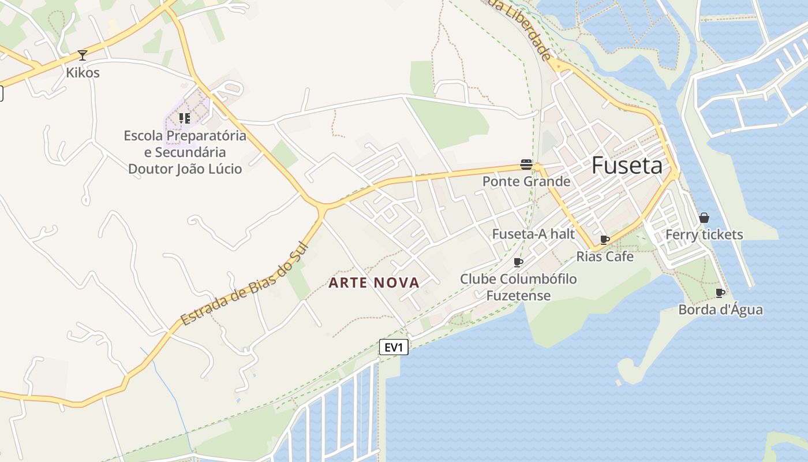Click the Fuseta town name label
click(627, 166)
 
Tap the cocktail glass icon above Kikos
click(83, 55)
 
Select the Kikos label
click(83, 73)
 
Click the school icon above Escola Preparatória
click(184, 118)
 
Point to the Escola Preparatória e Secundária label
click(185, 152)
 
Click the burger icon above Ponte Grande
click(526, 165)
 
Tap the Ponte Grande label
click(526, 181)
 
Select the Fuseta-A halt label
click(533, 234)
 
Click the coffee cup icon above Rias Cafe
click(605, 240)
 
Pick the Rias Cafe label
click(605, 256)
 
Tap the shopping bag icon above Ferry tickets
click(704, 218)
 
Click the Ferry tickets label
click(704, 234)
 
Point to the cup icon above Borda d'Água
click(720, 293)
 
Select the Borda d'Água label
click(720, 310)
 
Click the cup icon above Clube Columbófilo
click(518, 262)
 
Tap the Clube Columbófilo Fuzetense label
click(518, 287)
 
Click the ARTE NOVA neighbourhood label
click(374, 283)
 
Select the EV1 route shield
click(394, 347)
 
